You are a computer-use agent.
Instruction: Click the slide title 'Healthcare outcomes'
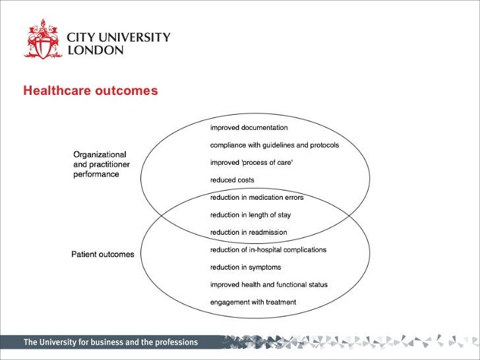click(x=90, y=90)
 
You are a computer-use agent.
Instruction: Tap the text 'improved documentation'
click(x=249, y=127)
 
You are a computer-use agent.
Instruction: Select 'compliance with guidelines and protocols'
click(x=274, y=145)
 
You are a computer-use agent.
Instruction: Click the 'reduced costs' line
click(x=232, y=180)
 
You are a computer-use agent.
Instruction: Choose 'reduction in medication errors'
click(x=256, y=197)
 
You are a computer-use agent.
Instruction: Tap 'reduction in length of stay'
click(x=250, y=215)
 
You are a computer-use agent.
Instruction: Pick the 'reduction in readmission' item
click(x=249, y=232)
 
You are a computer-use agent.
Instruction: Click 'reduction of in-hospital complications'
click(x=268, y=250)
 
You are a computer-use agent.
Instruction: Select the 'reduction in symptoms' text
click(x=245, y=267)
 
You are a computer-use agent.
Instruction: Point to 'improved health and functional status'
click(x=268, y=285)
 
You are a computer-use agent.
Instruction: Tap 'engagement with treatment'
click(x=253, y=302)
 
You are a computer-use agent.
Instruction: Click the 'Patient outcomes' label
click(x=102, y=255)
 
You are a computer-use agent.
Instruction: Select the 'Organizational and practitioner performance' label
click(x=101, y=164)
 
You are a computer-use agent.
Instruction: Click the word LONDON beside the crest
click(x=96, y=51)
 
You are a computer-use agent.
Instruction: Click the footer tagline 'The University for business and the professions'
click(x=110, y=342)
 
